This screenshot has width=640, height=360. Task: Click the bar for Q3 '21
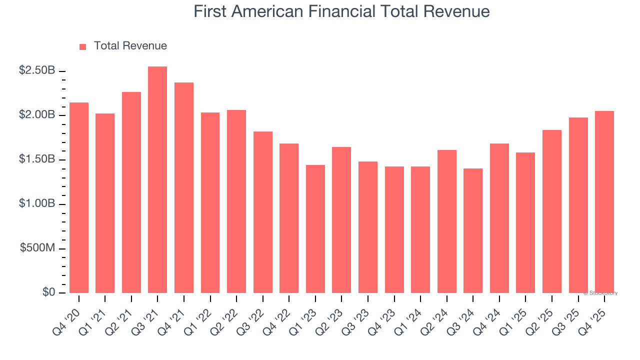tap(157, 180)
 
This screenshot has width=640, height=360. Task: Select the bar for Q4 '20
tap(79, 197)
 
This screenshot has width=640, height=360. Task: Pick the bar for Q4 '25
tap(604, 202)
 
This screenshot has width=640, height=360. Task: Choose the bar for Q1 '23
tap(315, 229)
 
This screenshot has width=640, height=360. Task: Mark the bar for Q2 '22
tap(236, 201)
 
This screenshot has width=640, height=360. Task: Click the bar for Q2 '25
tap(552, 211)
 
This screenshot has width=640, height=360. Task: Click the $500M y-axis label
tap(37, 248)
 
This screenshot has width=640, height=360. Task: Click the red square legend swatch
tap(83, 47)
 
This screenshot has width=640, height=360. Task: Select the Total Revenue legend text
tap(130, 46)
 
